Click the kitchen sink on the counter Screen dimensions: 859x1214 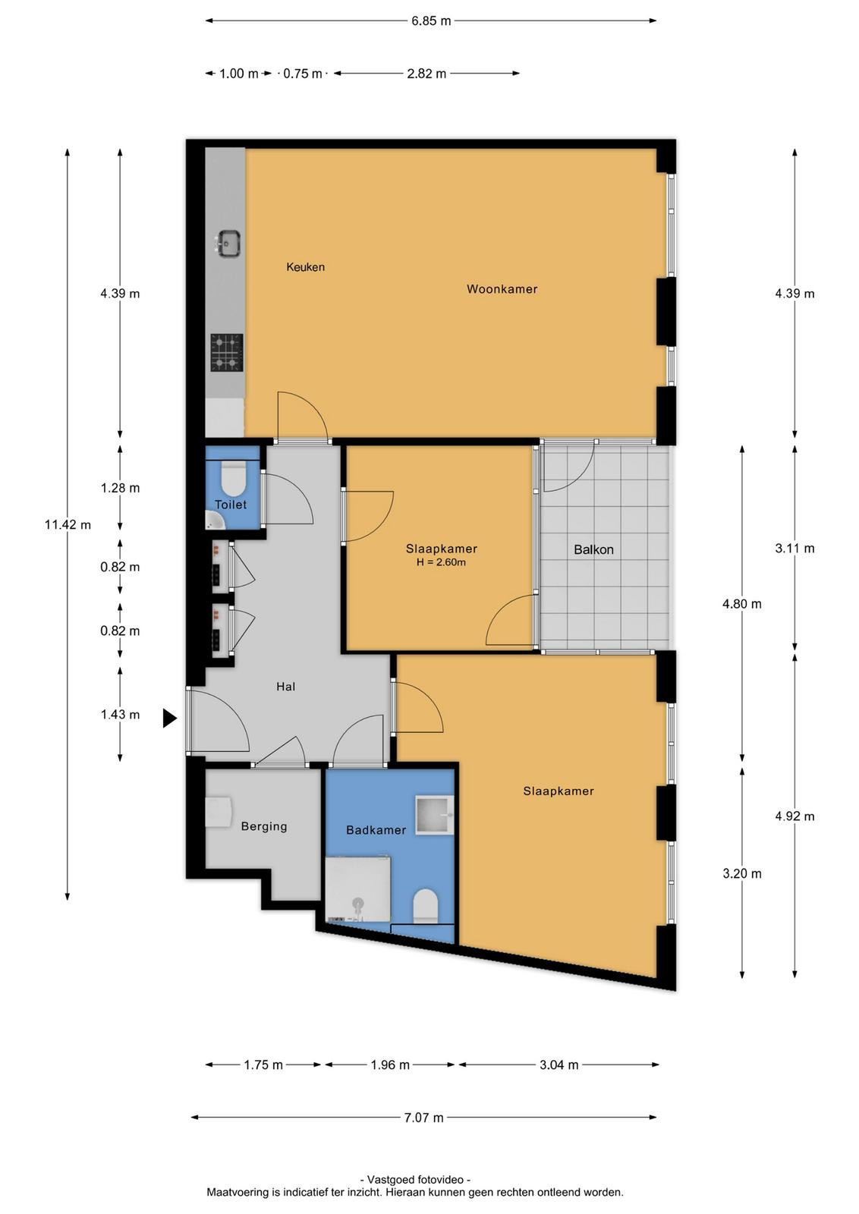click(228, 244)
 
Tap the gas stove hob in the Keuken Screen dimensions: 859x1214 click(227, 352)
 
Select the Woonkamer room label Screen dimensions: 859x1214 click(502, 289)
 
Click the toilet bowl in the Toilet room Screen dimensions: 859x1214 click(234, 477)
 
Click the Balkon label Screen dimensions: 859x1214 click(593, 549)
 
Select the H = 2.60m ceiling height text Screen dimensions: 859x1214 click(441, 562)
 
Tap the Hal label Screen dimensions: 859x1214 click(285, 687)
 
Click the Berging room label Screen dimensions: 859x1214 click(264, 826)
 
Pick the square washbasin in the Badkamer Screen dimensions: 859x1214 click(434, 815)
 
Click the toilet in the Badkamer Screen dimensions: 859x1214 click(425, 905)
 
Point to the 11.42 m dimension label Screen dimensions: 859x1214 click(68, 524)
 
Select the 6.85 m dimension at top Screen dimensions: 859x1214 click(431, 21)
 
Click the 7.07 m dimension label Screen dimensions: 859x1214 click(423, 1118)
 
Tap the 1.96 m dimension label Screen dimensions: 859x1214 click(390, 1065)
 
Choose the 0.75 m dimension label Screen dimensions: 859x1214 click(303, 74)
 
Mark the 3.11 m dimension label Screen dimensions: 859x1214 click(794, 548)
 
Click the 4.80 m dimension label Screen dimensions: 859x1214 click(741, 604)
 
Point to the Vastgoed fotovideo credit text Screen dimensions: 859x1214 click(415, 1179)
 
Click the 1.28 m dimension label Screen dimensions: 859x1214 click(120, 488)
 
